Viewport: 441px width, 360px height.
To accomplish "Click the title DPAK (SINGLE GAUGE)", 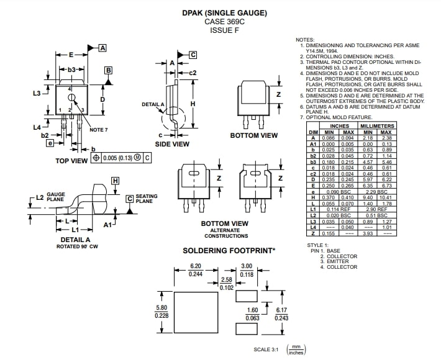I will pyautogui.click(x=225, y=12).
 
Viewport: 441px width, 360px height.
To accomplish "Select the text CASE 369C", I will pyautogui.click(x=225, y=21).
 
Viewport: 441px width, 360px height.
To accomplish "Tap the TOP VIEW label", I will pyautogui.click(x=72, y=160).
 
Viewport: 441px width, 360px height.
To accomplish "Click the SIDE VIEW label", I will pyautogui.click(x=172, y=144).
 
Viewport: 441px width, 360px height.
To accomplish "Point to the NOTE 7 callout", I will pyautogui.click(x=98, y=130).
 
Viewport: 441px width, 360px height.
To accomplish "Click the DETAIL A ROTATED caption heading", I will pyautogui.click(x=75, y=240).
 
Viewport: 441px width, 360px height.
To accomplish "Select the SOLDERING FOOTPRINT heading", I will pyautogui.click(x=229, y=251).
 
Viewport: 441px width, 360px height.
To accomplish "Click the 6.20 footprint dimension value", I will pyautogui.click(x=195, y=267).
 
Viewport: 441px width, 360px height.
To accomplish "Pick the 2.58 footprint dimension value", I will pyautogui.click(x=227, y=280).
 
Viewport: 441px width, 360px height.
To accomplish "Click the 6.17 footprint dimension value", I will pyautogui.click(x=281, y=310).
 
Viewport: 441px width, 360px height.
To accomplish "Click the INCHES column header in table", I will pyautogui.click(x=339, y=126).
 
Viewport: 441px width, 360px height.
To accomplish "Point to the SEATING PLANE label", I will pyautogui.click(x=147, y=199).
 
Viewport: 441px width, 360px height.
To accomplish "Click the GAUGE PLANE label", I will pyautogui.click(x=55, y=197).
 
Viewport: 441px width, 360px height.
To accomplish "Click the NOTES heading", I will pyautogui.click(x=306, y=39).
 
